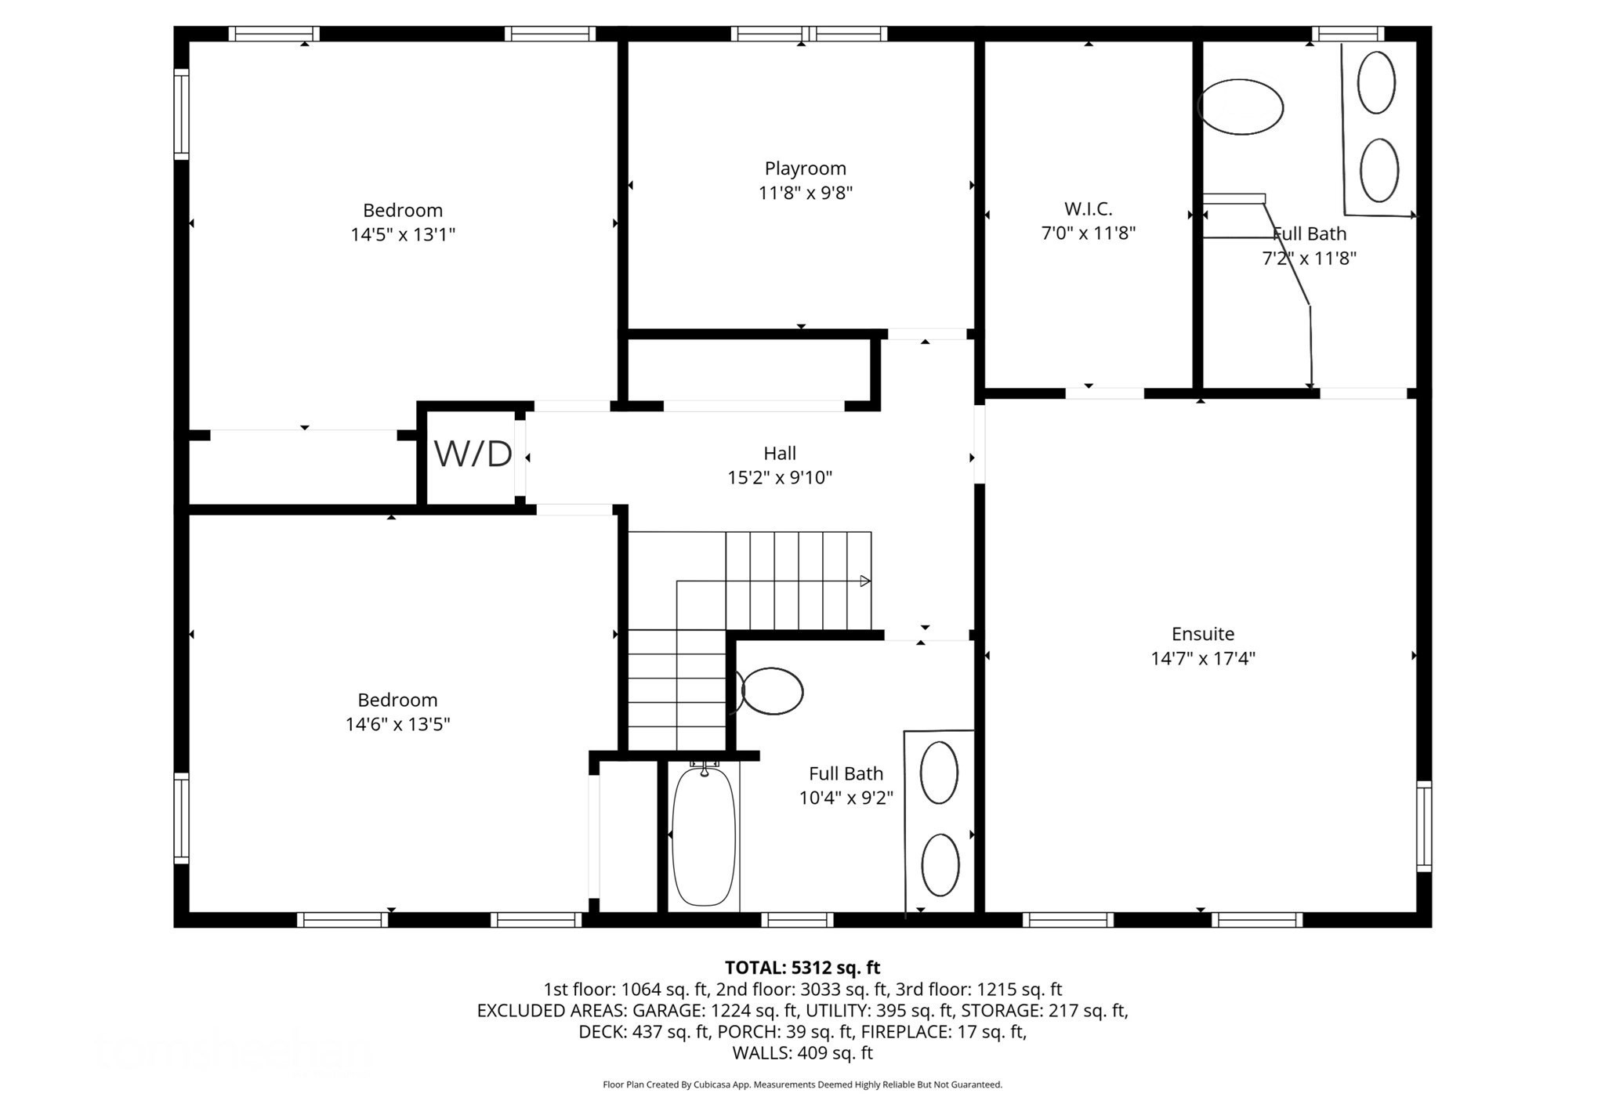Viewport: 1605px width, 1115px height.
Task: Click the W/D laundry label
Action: tap(473, 454)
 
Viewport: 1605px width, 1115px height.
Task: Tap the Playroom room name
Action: tap(805, 168)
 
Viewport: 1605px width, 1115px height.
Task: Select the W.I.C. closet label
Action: tap(1088, 209)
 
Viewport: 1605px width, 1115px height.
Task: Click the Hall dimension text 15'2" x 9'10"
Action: tap(779, 477)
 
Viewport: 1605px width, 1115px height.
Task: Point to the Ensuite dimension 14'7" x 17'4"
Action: tap(1202, 658)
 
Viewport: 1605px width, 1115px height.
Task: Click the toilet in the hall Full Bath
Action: tap(771, 691)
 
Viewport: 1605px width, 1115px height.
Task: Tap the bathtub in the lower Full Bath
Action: tap(704, 837)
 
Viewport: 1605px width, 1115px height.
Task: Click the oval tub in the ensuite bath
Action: tap(1240, 107)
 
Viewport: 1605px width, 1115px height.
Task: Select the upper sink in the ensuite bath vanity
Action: tap(1375, 82)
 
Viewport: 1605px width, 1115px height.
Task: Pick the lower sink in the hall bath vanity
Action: tap(940, 865)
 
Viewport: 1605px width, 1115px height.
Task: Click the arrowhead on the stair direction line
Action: tap(865, 581)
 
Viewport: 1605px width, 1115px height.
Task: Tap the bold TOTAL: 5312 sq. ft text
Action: tap(802, 968)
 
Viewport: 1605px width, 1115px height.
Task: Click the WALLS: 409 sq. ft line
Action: tap(802, 1053)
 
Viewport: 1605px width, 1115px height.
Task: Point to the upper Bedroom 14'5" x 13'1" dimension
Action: tap(402, 234)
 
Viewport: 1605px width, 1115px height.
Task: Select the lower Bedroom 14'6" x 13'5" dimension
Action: tap(397, 724)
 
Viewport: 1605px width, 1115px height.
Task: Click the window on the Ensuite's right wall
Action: tap(1423, 826)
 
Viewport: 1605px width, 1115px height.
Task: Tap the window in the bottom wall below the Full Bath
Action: tap(797, 920)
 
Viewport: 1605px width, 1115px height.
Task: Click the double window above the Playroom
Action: tap(809, 34)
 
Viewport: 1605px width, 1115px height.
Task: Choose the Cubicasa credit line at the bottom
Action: tap(802, 1085)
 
